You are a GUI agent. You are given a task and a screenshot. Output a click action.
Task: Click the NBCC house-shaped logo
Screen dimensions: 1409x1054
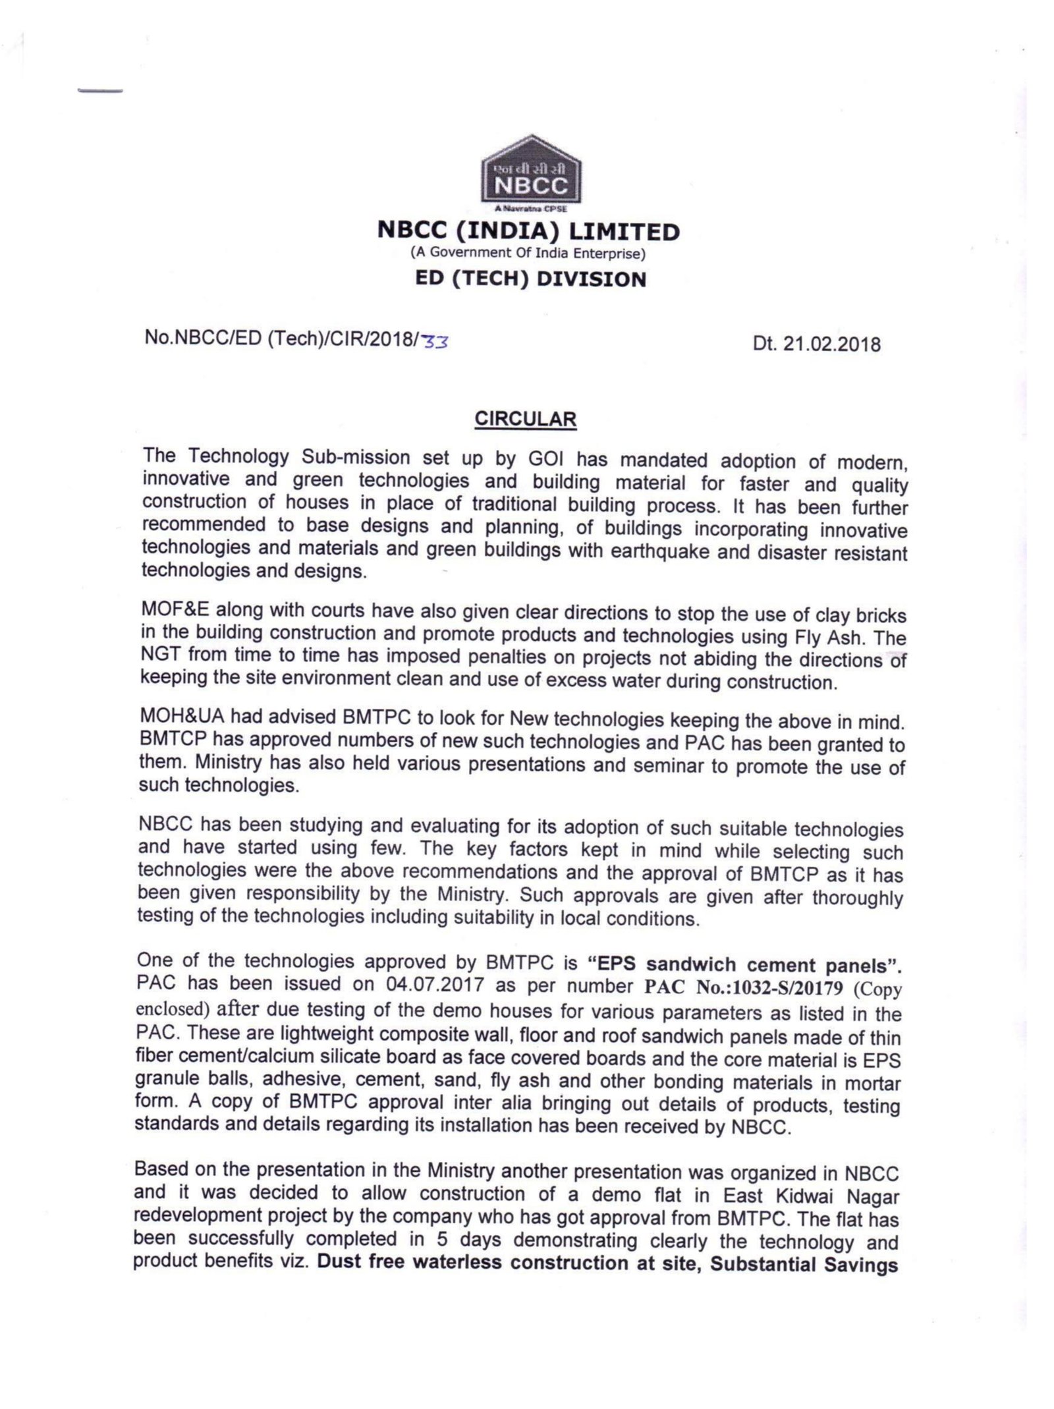[x=531, y=172]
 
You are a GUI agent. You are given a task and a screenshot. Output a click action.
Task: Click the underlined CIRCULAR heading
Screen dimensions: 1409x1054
[x=526, y=420]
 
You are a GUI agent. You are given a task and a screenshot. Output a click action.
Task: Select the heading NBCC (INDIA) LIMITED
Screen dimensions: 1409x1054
[x=528, y=231]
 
